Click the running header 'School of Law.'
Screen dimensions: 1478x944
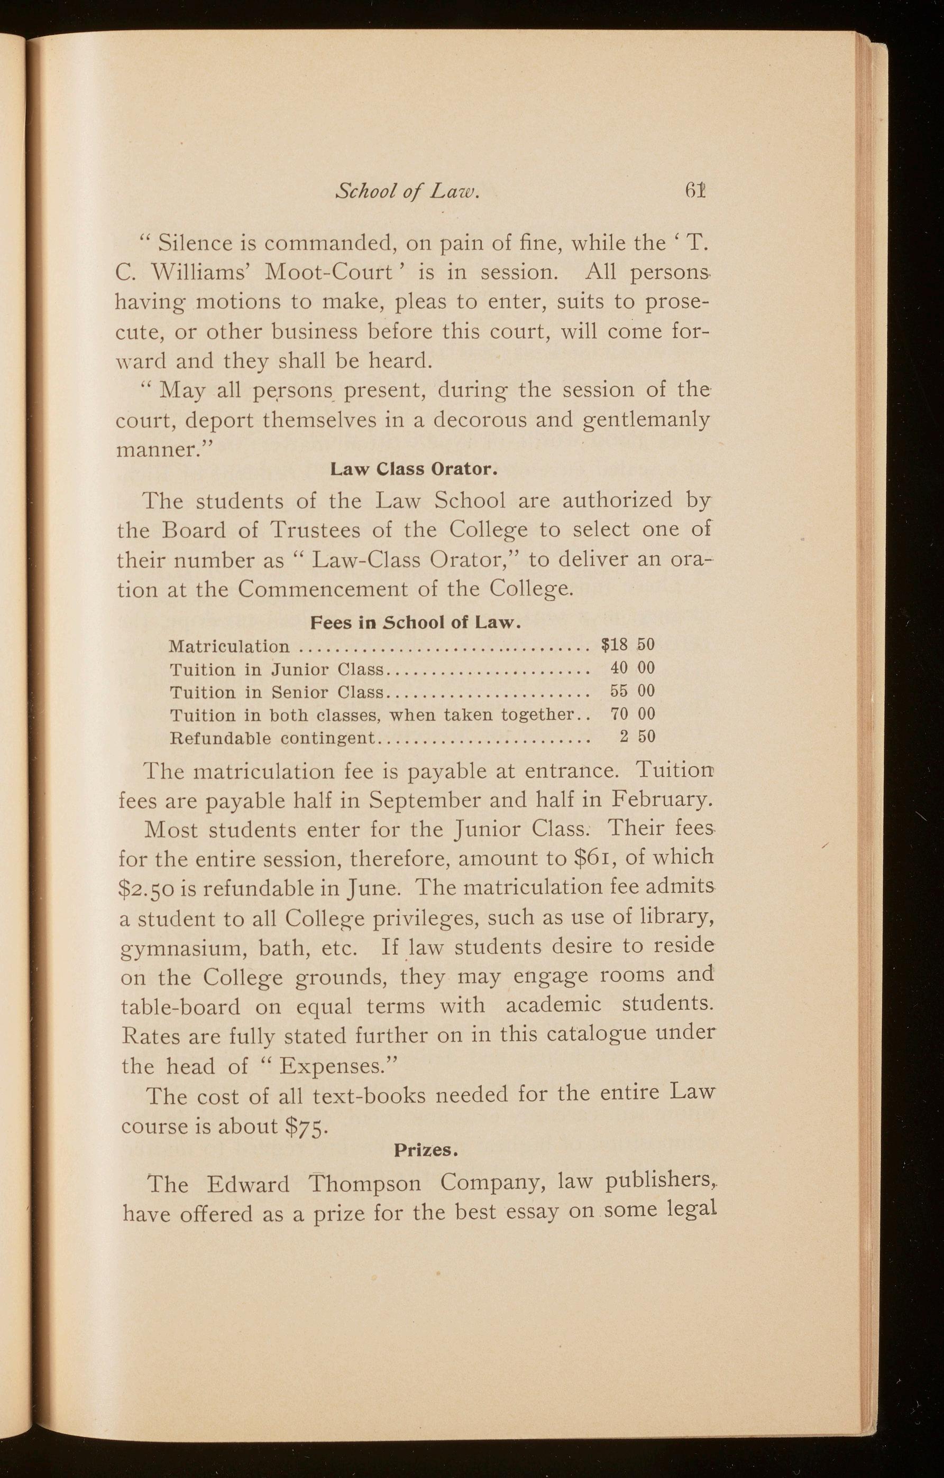(x=407, y=193)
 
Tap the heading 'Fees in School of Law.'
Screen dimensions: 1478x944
(x=415, y=623)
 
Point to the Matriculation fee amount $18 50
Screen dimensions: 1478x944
(x=628, y=645)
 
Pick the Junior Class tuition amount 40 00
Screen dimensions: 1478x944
(x=633, y=668)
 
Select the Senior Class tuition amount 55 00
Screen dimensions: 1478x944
(x=633, y=691)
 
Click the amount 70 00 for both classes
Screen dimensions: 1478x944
(x=633, y=714)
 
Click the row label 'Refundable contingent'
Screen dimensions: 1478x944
(x=272, y=737)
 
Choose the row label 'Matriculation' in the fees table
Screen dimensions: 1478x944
(x=228, y=646)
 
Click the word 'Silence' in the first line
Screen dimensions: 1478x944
(x=195, y=244)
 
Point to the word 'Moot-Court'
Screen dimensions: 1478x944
(x=328, y=273)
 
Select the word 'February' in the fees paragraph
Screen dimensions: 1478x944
(x=660, y=801)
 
